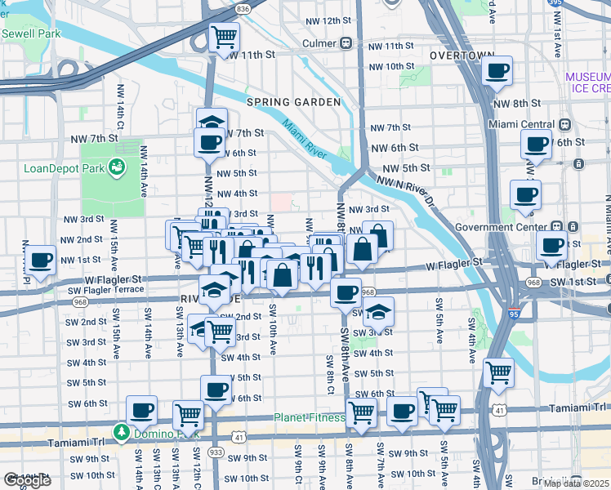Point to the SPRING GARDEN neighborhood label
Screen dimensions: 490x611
[293, 102]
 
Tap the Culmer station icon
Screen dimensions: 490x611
[346, 42]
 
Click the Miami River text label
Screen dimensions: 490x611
[304, 139]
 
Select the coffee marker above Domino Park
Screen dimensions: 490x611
[141, 409]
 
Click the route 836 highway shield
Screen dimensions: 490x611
[243, 8]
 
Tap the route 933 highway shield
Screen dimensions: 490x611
[216, 452]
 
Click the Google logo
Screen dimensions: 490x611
[27, 480]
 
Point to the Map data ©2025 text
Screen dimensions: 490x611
[576, 483]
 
